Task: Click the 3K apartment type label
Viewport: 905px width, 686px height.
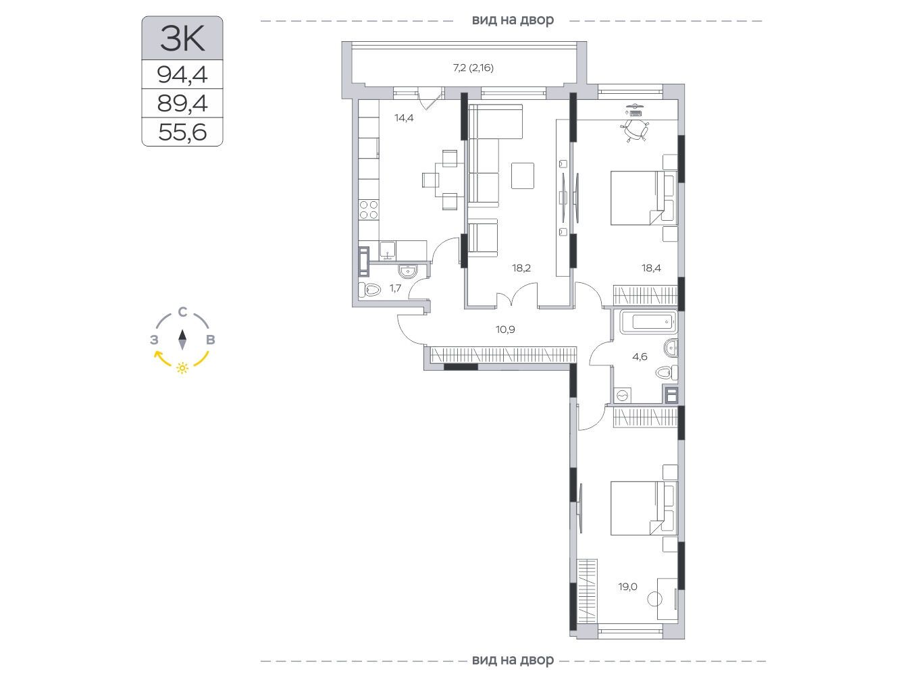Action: pos(182,38)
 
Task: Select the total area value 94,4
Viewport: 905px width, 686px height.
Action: pos(182,75)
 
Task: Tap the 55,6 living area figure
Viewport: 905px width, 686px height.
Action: pos(182,132)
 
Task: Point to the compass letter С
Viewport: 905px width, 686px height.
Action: pos(182,312)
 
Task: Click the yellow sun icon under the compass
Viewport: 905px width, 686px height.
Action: pos(182,367)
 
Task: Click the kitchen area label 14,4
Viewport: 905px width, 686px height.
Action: pos(404,118)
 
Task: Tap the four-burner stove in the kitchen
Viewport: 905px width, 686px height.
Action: pos(369,209)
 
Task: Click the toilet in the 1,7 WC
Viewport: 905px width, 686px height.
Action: pos(369,289)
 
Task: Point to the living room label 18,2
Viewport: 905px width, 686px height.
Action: pos(521,268)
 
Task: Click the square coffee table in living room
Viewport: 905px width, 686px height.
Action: pos(522,176)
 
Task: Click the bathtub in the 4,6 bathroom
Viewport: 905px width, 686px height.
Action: pos(648,322)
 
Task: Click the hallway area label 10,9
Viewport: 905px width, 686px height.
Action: pos(505,329)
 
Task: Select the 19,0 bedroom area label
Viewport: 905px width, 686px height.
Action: pos(627,587)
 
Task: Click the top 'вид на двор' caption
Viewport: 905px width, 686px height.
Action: pos(513,20)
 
